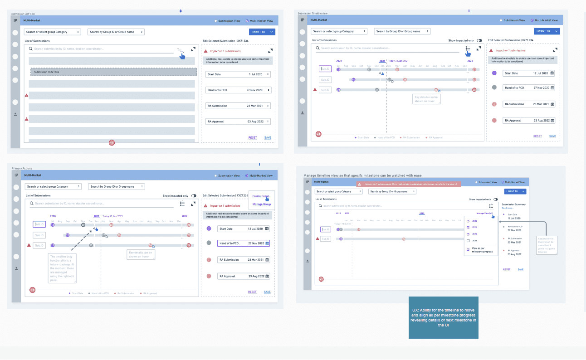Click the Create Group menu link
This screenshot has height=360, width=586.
[261, 196]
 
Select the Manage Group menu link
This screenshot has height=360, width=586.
[261, 204]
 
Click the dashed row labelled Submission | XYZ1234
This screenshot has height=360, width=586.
[113, 72]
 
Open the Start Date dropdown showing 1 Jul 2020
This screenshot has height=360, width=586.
[238, 74]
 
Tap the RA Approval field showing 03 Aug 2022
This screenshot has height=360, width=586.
[238, 122]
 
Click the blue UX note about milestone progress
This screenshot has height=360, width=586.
[444, 317]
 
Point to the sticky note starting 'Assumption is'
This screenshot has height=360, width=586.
[546, 245]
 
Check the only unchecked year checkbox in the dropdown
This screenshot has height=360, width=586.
[468, 241]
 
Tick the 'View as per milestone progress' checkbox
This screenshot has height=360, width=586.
[468, 249]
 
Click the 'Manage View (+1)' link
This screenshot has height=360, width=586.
[485, 213]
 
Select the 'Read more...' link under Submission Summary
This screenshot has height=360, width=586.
[507, 208]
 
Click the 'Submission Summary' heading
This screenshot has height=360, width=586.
[513, 204]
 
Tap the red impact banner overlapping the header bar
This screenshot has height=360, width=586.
[408, 184]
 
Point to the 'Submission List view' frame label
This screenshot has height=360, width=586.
[23, 14]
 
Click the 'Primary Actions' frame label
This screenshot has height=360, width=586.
[22, 169]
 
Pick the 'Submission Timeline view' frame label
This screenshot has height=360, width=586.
[313, 14]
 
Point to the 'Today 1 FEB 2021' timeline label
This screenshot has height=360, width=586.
[343, 224]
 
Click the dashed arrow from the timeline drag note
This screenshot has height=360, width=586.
[82, 240]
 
